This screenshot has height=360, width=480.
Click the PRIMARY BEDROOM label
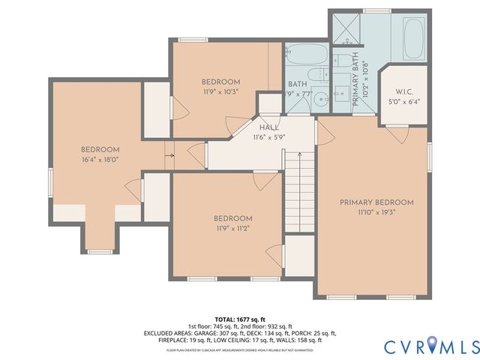pos(376,202)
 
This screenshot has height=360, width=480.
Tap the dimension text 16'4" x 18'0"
pos(100,159)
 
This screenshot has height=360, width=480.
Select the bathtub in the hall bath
pos(306,55)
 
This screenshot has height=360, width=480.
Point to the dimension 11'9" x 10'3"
pos(220,91)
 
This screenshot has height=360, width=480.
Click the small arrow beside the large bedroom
pos(170,156)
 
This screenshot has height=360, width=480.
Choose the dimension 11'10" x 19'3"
pos(376,212)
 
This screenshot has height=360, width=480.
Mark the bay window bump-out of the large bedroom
pos(100,238)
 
